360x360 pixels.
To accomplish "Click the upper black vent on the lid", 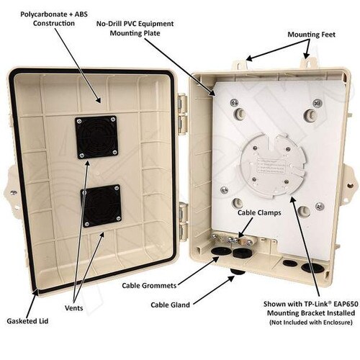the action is [96, 137].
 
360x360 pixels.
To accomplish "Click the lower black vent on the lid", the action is [101, 206].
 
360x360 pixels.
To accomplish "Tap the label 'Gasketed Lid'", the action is [27, 321].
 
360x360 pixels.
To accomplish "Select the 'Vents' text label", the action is [74, 308].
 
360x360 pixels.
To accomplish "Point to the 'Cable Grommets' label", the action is [149, 286].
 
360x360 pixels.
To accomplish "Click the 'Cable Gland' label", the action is [170, 305].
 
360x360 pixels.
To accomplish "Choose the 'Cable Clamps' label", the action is [259, 212].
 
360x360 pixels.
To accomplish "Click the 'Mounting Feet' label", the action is [311, 35].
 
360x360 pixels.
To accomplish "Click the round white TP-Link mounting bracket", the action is [273, 166].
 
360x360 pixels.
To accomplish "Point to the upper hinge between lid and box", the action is [183, 114].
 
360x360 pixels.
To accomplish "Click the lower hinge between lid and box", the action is [184, 222].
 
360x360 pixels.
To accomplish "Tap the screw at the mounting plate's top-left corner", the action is [235, 103].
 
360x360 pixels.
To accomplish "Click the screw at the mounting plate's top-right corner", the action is [318, 103].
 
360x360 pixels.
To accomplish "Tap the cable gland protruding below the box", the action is [238, 272].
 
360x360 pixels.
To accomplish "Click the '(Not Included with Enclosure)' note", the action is [311, 322].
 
